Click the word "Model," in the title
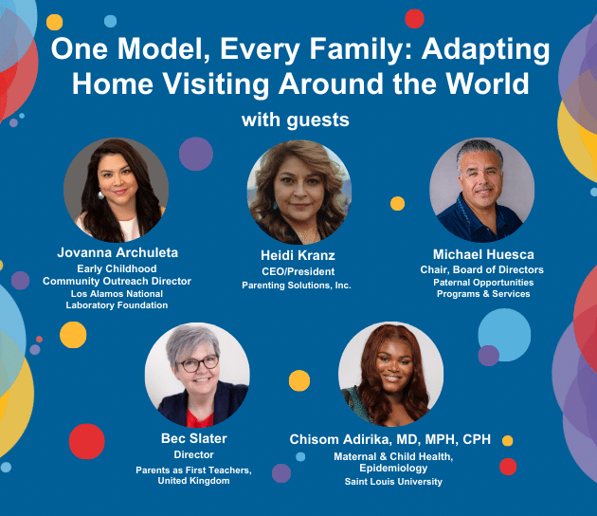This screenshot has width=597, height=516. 164,49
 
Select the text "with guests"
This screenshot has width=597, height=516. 296,120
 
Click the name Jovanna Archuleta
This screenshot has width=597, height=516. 118,252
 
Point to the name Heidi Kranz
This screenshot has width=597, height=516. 298,255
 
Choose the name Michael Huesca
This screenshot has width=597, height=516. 483,254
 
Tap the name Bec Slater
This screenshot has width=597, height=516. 194,438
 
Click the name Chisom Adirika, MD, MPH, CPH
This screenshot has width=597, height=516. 389,439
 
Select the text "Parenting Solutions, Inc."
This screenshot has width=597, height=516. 297,286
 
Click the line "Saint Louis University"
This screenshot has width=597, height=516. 393,482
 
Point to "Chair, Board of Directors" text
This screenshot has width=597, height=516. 481,269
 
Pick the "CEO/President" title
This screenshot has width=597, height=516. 298,271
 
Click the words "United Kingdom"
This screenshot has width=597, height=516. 194,481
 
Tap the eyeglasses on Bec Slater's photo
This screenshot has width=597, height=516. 199,364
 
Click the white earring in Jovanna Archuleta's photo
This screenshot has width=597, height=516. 100,195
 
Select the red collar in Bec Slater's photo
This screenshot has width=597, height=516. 200,418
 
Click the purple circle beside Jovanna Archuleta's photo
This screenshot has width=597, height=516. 196,154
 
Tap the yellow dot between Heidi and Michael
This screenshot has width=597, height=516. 397,204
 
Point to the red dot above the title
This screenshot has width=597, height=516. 415,19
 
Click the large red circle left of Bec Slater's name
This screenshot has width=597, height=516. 87,441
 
